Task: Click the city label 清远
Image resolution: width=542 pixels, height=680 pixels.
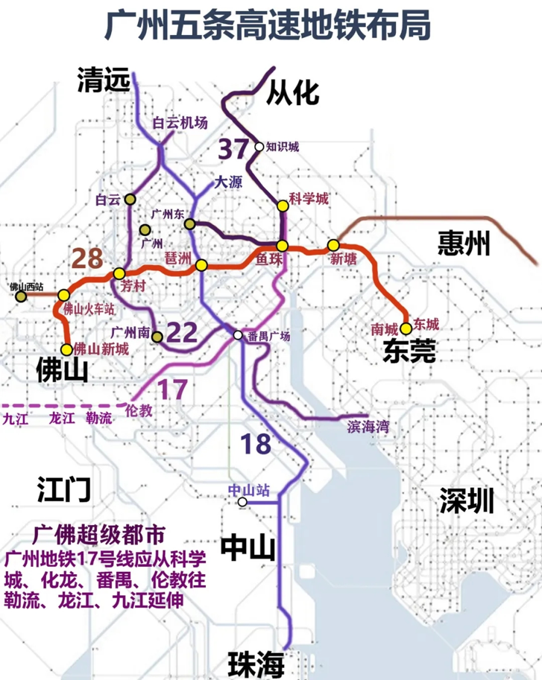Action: (104, 81)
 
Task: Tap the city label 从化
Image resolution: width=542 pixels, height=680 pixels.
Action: (294, 92)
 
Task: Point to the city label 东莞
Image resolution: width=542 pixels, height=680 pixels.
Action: (409, 351)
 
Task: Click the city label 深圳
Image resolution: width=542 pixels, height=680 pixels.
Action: (466, 500)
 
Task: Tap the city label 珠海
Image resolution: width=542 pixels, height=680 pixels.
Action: (256, 662)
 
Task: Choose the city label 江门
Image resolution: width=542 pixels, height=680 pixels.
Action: (63, 490)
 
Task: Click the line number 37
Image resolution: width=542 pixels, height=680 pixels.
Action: (233, 149)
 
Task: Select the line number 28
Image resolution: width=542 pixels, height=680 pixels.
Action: (89, 258)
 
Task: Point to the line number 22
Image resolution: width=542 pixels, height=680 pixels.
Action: (183, 332)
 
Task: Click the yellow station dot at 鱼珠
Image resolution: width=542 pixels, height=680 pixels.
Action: (282, 247)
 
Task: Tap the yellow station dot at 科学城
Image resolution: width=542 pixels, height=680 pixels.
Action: (282, 206)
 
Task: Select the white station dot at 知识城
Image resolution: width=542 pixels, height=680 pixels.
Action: (259, 147)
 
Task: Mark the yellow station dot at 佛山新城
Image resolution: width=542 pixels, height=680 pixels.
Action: (67, 349)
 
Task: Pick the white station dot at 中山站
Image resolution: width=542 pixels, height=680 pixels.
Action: (242, 503)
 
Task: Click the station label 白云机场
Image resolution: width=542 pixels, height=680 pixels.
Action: (180, 124)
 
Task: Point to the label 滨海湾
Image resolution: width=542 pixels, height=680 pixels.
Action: (368, 426)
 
